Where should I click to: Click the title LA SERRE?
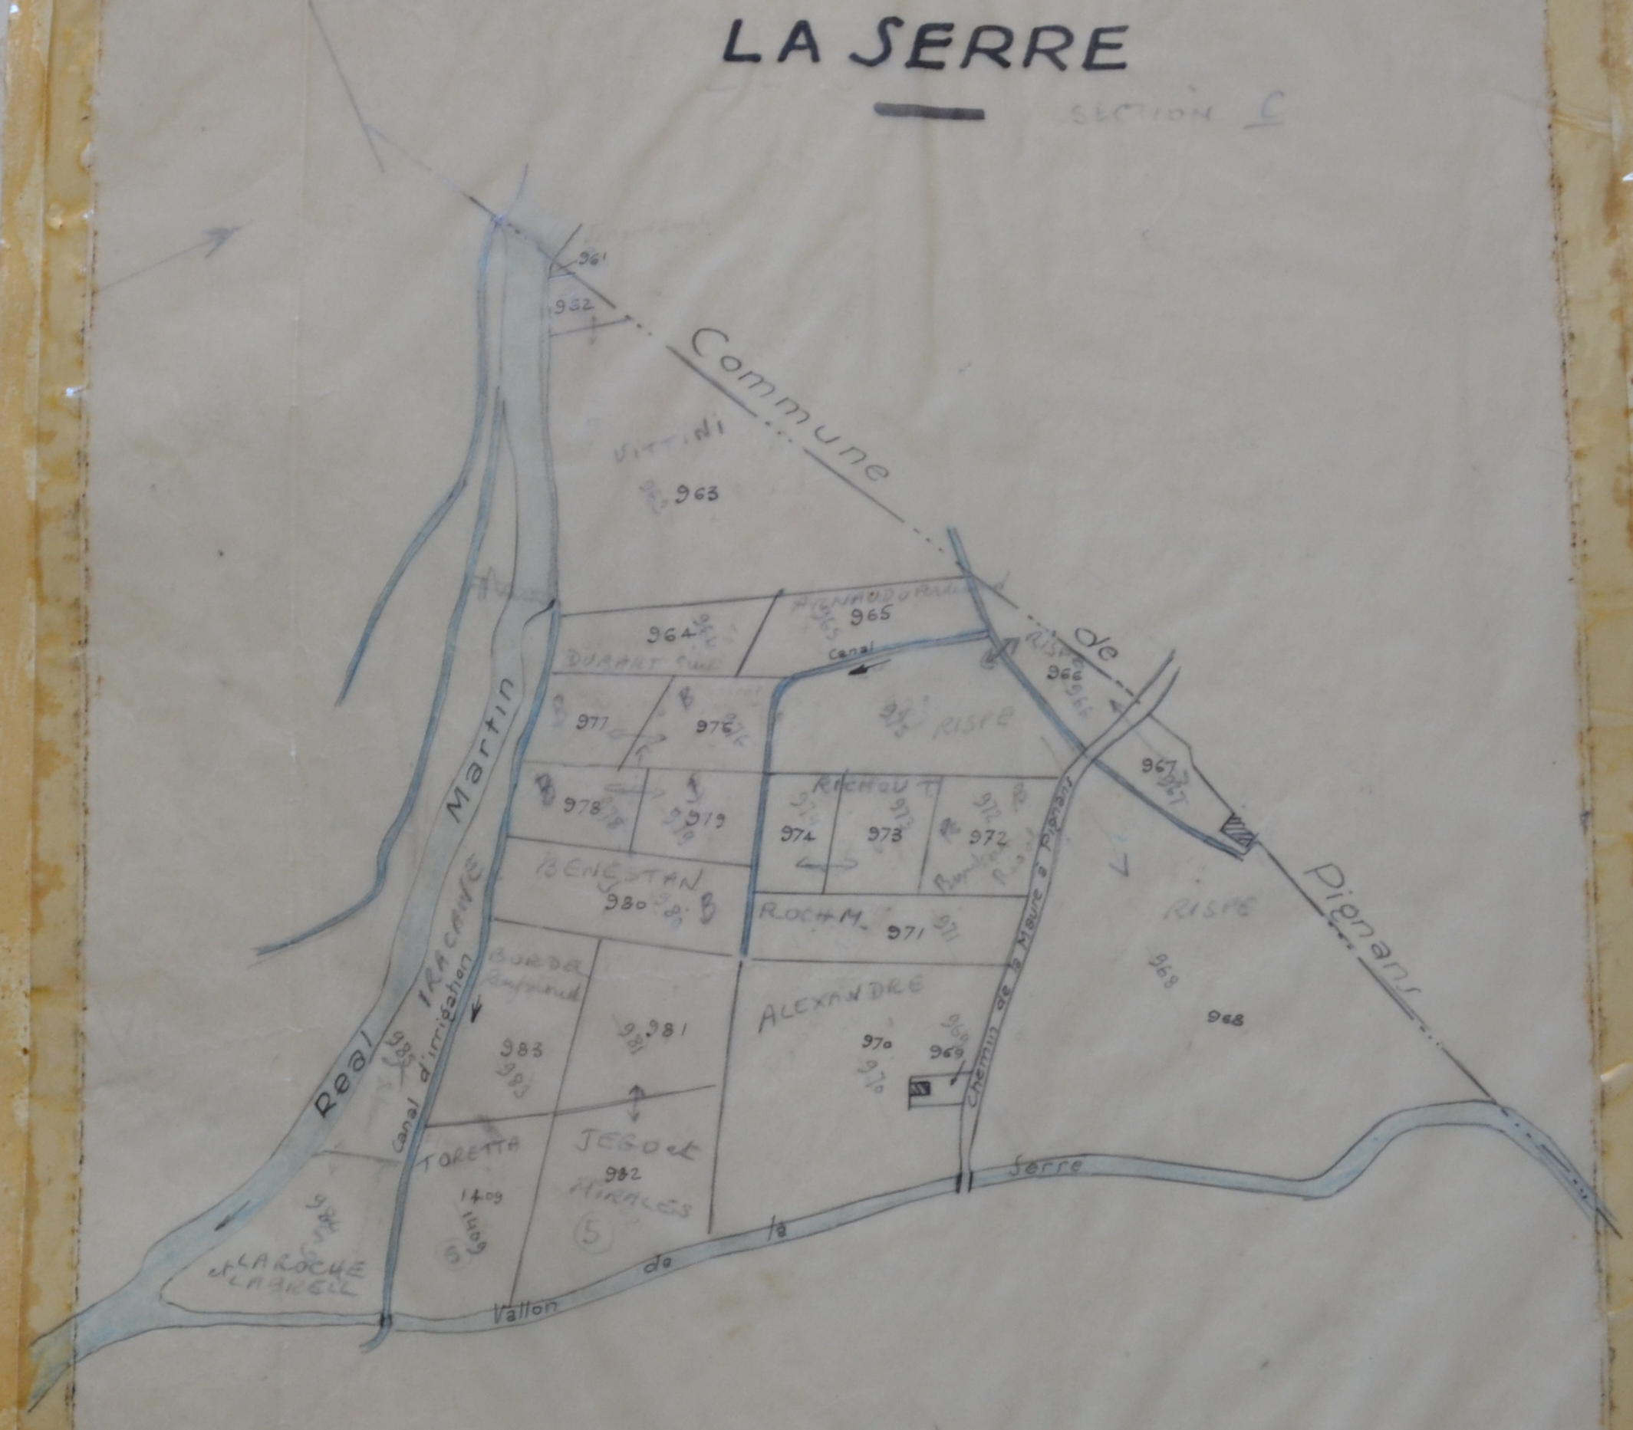click(924, 46)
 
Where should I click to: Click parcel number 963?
click(696, 494)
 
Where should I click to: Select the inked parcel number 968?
click(1228, 1017)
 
